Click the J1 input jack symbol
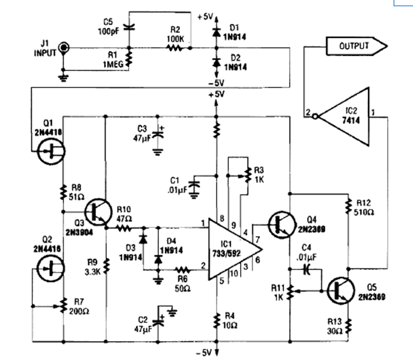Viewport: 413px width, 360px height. pyautogui.click(x=63, y=48)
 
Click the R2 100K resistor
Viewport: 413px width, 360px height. pyautogui.click(x=175, y=48)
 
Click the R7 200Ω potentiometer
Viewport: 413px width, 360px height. pyautogui.click(x=64, y=305)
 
